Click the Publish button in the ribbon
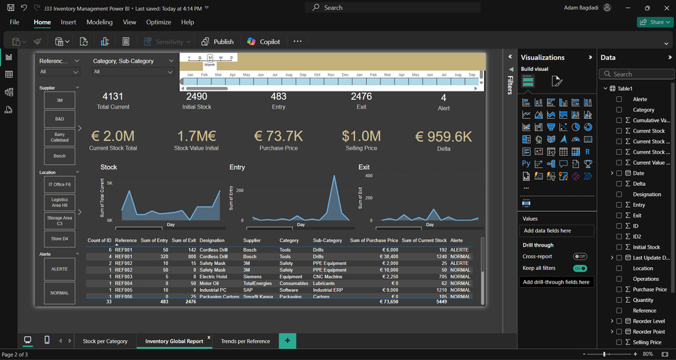click(218, 42)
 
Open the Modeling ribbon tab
click(99, 22)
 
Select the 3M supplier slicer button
click(59, 100)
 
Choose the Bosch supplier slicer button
click(59, 156)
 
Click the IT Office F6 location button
click(59, 184)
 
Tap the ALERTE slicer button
click(59, 269)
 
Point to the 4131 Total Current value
click(113, 97)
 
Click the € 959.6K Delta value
click(444, 137)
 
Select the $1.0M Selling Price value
click(361, 137)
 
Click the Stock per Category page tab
click(105, 341)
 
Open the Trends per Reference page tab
click(245, 341)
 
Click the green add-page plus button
click(287, 341)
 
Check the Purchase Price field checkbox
click(619, 290)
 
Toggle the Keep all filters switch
click(580, 268)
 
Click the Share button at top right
click(655, 22)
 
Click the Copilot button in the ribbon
click(264, 42)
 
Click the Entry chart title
click(237, 167)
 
